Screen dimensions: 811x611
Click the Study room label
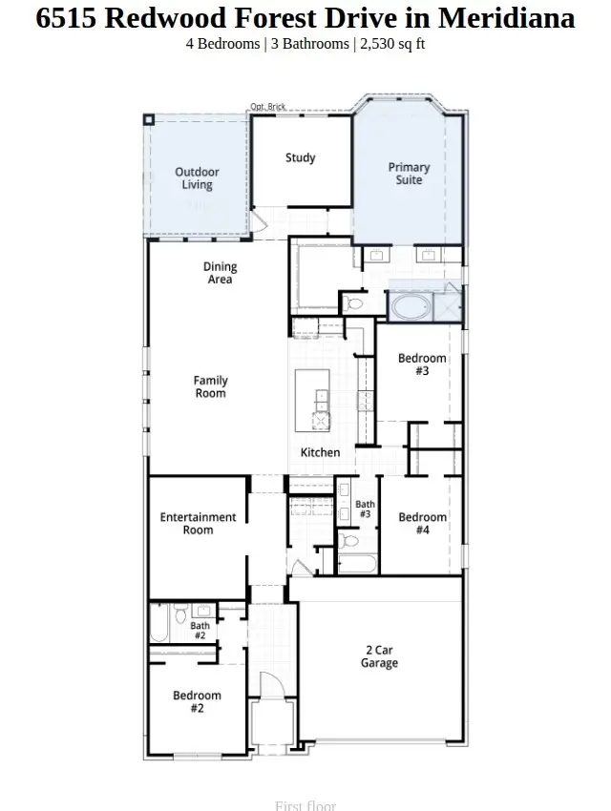pos(300,158)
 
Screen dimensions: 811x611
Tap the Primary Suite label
pos(409,174)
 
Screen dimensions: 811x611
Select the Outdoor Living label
pos(197,178)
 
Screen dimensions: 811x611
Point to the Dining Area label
pos(220,274)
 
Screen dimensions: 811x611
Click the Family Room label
pos(211,386)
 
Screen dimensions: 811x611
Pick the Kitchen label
pos(320,452)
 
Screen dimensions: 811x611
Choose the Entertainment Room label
pos(198,523)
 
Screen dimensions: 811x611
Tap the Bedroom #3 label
pos(422,364)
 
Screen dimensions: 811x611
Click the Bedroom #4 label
pos(422,523)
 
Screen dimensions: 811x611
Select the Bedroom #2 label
pos(197,702)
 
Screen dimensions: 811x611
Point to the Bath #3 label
pos(365,509)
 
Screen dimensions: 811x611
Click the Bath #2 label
pos(200,631)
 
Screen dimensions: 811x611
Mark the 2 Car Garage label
pos(379,656)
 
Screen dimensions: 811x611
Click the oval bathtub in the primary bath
pos(411,307)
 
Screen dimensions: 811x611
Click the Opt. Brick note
pos(268,107)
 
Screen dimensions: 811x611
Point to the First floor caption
pos(305,805)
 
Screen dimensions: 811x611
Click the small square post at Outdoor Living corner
pos(149,119)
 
